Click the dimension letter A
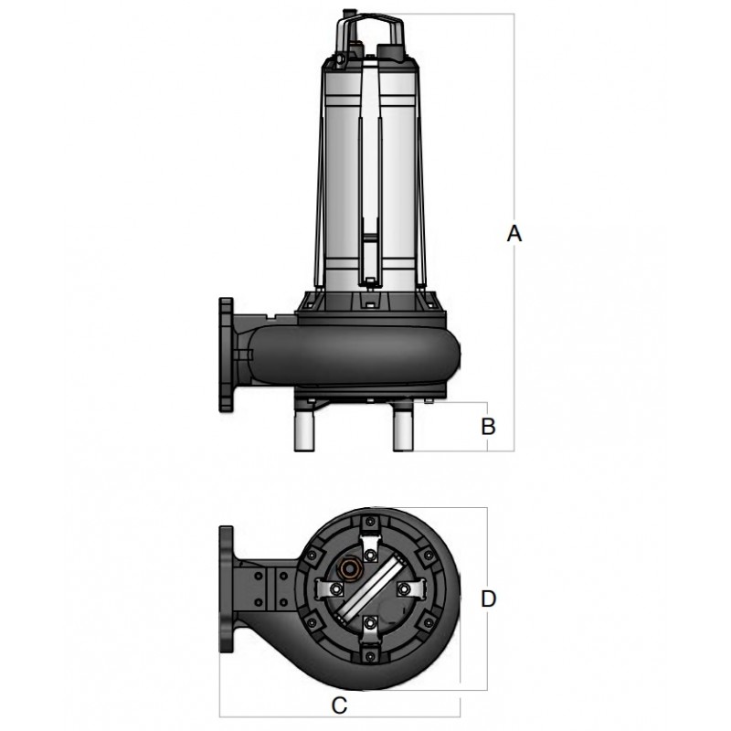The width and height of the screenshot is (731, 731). point(514,235)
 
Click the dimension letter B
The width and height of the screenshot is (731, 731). point(488,426)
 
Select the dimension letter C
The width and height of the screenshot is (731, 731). point(339,705)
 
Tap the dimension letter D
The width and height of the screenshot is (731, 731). point(488,599)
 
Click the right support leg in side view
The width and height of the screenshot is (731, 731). point(406,429)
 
